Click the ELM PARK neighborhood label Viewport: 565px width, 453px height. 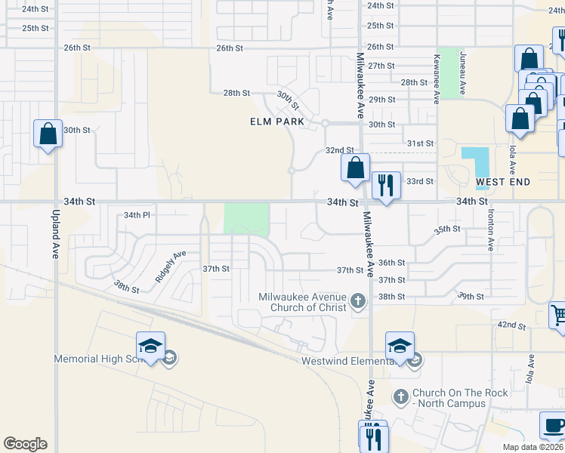277,122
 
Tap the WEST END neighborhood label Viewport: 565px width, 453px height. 503,182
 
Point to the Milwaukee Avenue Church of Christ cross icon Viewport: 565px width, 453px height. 358,303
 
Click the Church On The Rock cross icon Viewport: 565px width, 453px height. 400,395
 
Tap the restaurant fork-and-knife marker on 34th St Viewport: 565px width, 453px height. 386,185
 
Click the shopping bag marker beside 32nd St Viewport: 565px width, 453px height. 355,168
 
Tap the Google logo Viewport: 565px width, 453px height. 25,444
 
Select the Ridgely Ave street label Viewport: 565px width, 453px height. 171,267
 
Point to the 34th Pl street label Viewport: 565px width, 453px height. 137,215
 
